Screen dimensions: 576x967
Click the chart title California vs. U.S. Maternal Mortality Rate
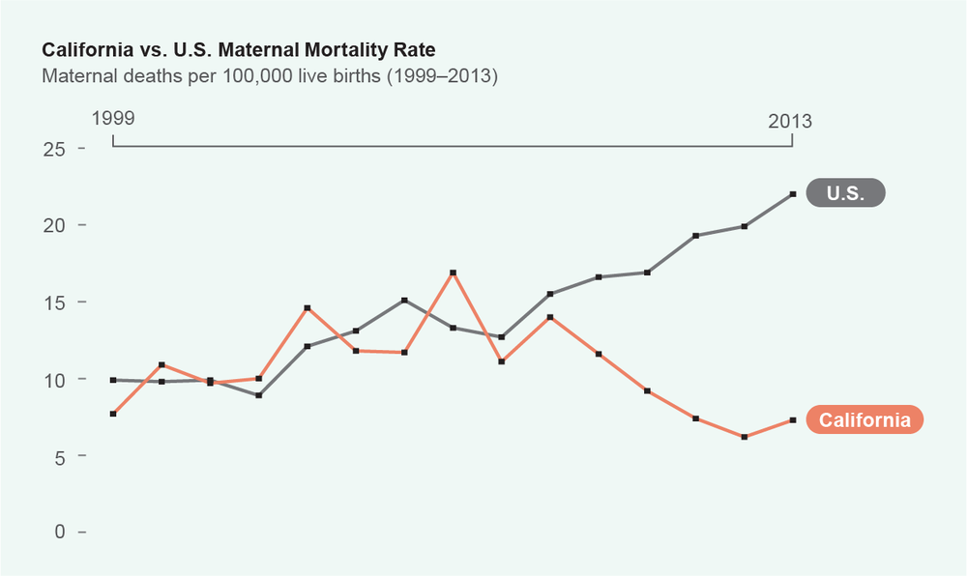[244, 48]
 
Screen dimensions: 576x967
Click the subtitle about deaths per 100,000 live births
[269, 75]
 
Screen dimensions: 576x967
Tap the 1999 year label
[113, 120]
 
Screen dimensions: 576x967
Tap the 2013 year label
[790, 122]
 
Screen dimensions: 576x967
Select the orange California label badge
[864, 420]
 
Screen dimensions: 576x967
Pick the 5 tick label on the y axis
[60, 456]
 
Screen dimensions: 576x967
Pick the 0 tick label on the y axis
[60, 533]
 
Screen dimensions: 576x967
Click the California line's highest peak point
[453, 274]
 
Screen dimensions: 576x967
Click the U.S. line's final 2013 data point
[793, 194]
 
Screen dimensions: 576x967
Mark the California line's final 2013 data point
[793, 420]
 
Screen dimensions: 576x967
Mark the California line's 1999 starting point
[113, 414]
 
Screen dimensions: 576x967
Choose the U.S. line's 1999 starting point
[113, 380]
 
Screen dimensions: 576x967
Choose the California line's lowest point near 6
[745, 437]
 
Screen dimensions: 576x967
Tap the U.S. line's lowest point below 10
[259, 395]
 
